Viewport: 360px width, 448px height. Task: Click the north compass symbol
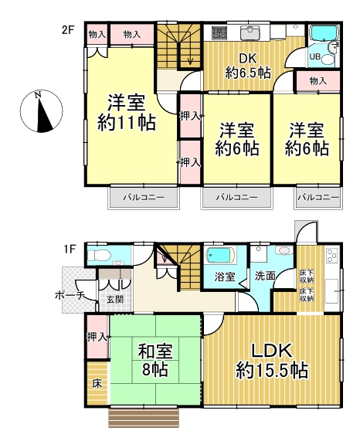(x=41, y=111)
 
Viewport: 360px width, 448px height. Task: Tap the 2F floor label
(x=67, y=29)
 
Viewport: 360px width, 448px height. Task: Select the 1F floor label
(x=70, y=249)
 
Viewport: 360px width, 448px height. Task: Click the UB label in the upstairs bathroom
(x=315, y=56)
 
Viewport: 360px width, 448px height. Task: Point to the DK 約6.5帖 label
(x=248, y=66)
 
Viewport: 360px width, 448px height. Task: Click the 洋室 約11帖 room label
(x=127, y=113)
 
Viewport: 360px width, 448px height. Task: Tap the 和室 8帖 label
(x=155, y=360)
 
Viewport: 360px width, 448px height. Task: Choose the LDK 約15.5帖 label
(x=272, y=361)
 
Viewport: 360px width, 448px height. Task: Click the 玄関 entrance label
(x=115, y=300)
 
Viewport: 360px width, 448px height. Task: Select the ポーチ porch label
(x=70, y=296)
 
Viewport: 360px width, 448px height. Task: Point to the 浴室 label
(x=225, y=277)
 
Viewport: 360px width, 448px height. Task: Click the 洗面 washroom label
(x=265, y=276)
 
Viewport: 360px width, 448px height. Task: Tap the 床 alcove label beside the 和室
(x=97, y=384)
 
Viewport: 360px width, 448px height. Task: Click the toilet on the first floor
(x=98, y=255)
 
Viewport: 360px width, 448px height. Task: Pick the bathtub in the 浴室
(x=221, y=255)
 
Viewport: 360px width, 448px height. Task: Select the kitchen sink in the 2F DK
(x=250, y=33)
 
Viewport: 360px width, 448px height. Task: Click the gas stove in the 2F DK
(x=219, y=33)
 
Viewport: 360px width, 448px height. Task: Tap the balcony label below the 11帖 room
(x=144, y=198)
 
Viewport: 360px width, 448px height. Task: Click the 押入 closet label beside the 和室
(x=97, y=337)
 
